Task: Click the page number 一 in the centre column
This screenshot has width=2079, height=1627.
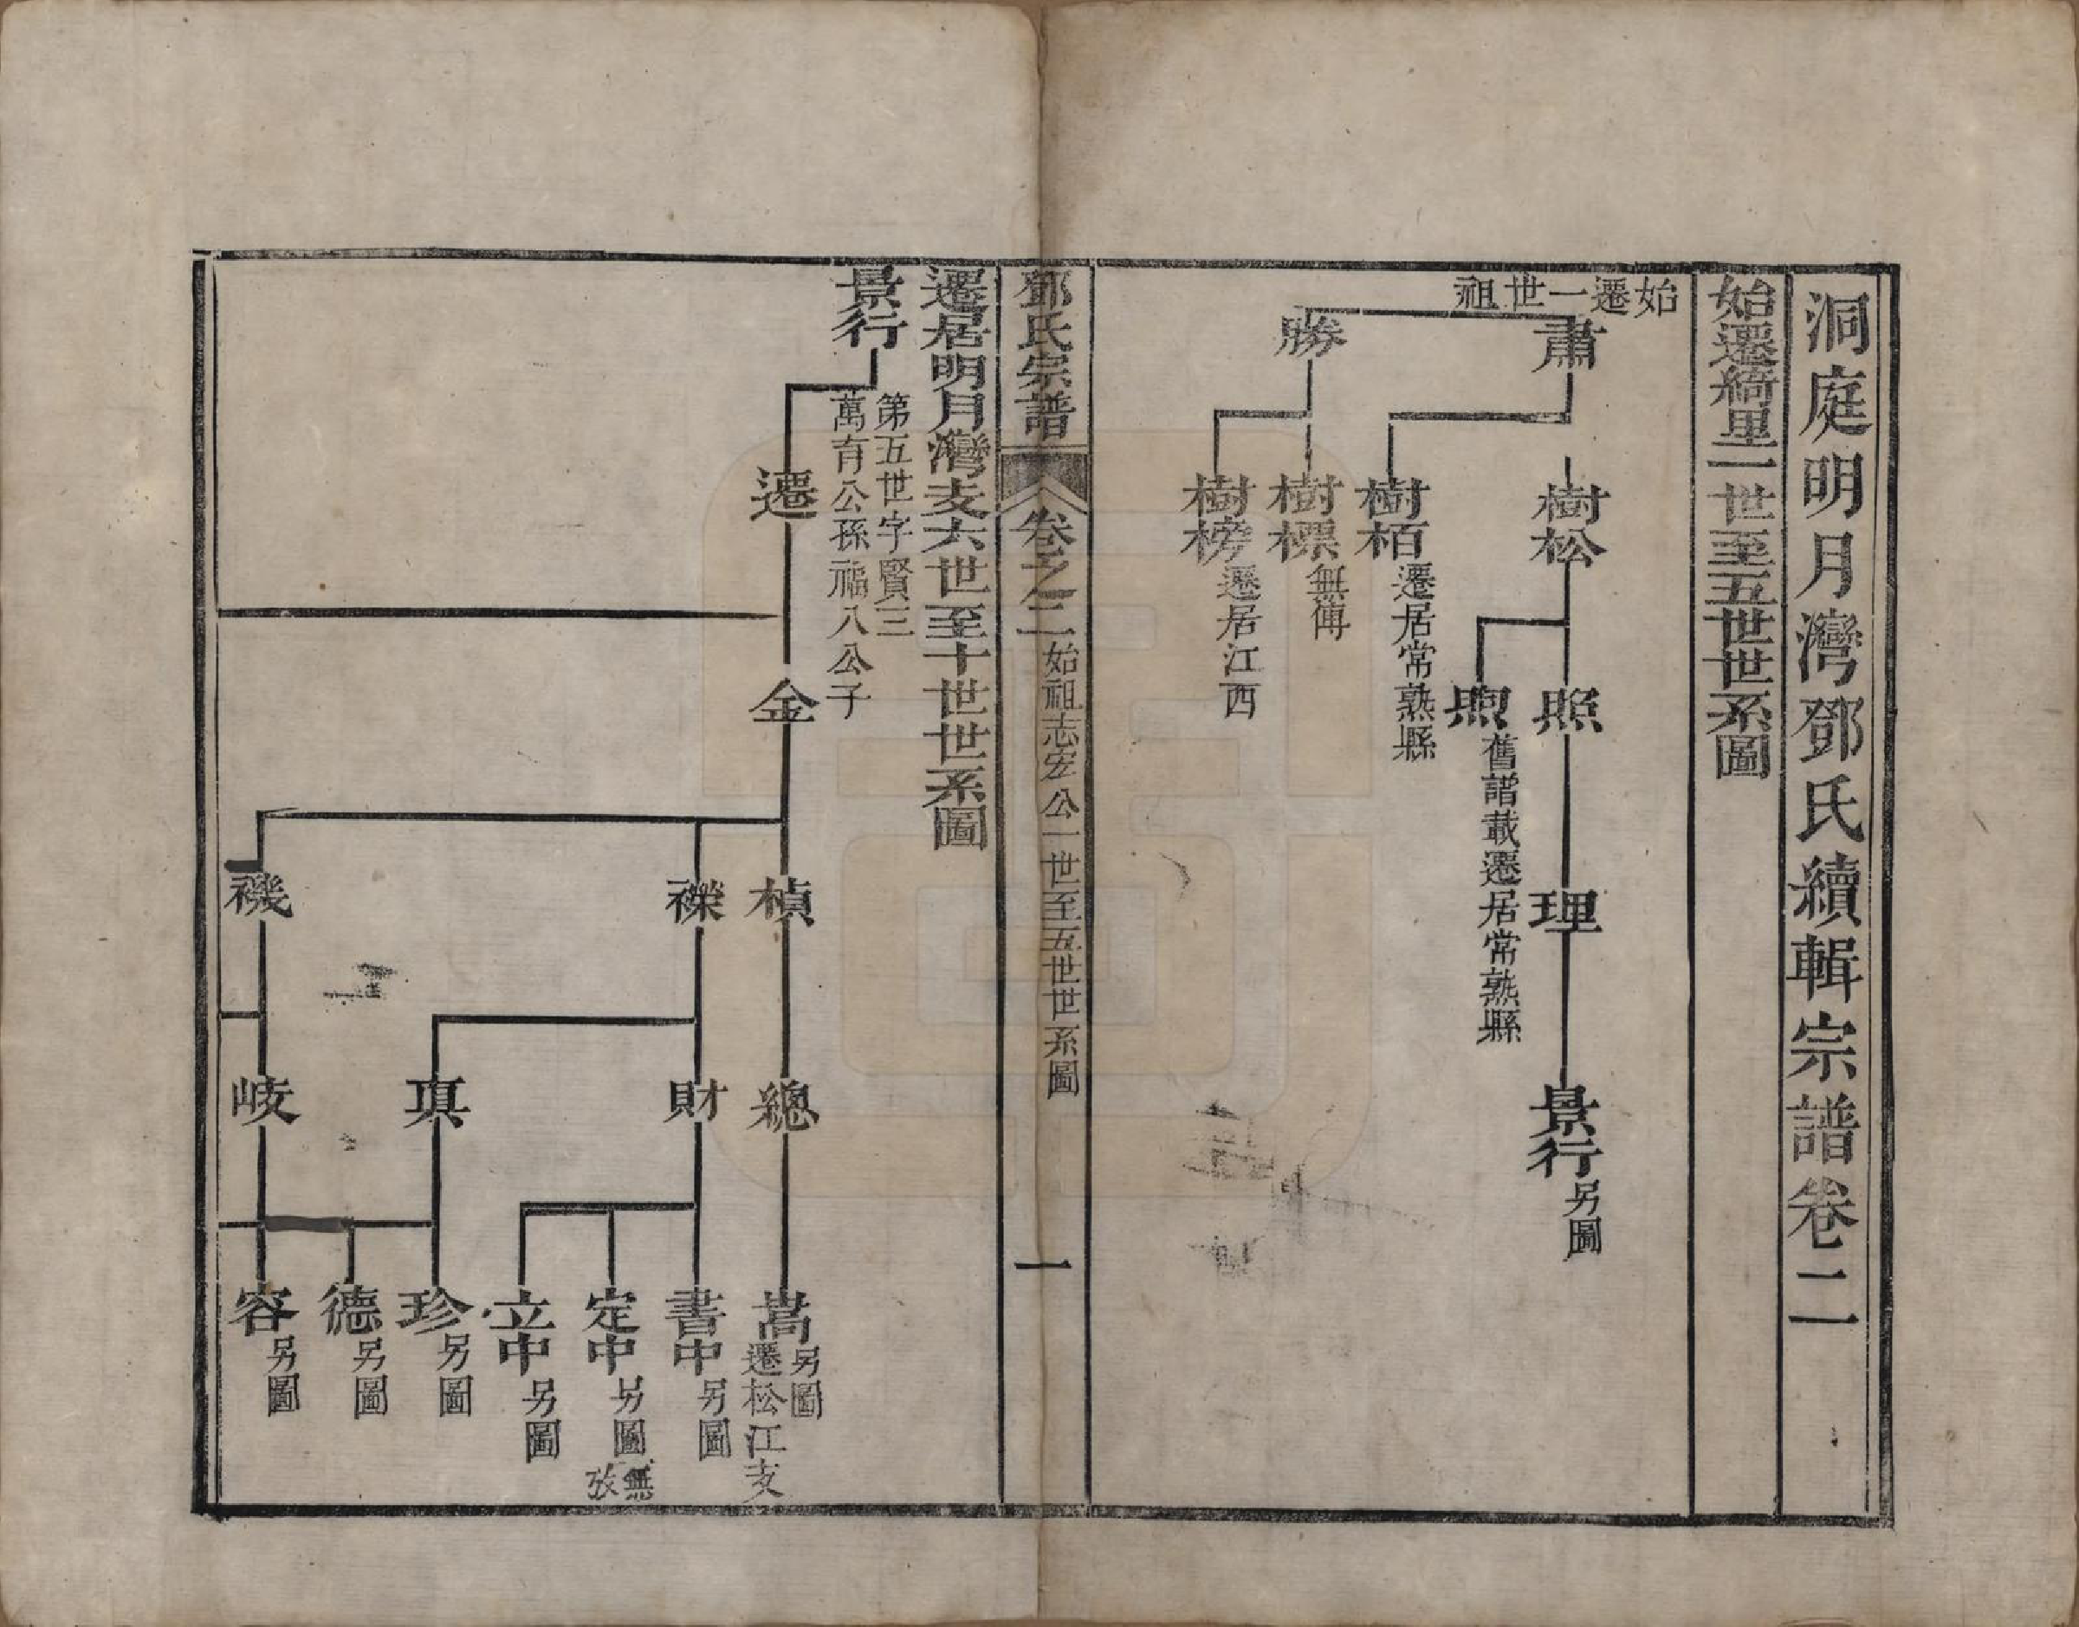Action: (x=1043, y=1267)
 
